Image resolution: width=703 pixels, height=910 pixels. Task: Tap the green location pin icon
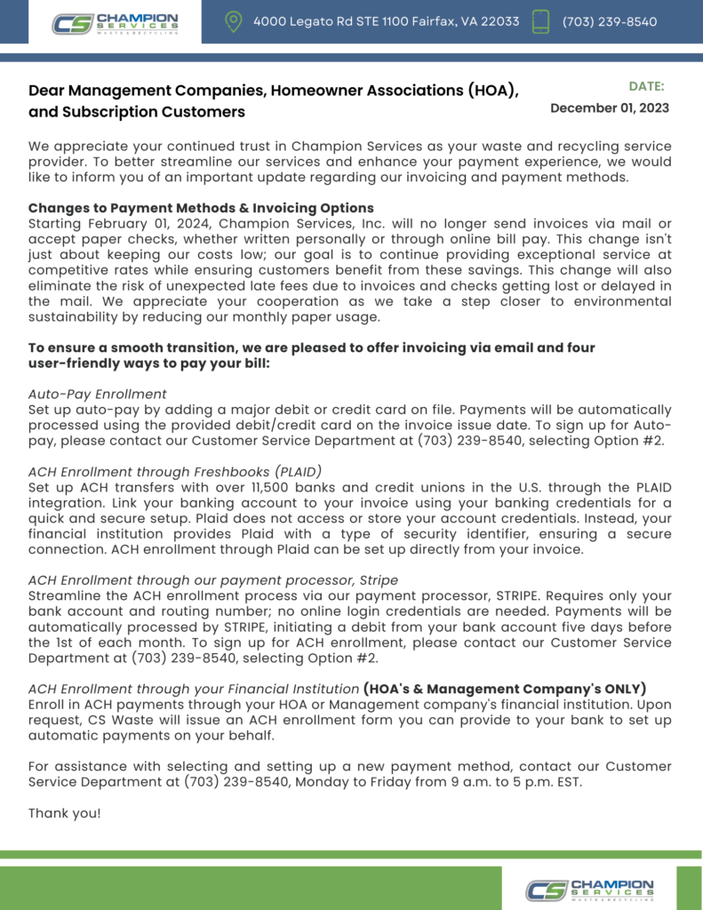click(x=234, y=22)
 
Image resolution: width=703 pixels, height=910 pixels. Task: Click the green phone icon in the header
click(x=540, y=22)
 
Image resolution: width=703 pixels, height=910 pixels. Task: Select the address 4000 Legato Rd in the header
click(x=386, y=21)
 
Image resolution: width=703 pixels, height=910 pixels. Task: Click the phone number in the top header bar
click(x=610, y=21)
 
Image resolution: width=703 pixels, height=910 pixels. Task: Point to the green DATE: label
click(x=646, y=86)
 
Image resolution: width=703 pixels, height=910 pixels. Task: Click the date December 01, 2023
click(x=610, y=108)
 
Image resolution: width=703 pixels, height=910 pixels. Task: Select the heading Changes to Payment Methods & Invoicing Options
click(x=201, y=208)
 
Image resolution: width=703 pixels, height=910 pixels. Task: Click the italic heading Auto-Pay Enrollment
click(x=98, y=394)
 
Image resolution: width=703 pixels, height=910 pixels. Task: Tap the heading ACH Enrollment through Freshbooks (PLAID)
click(x=175, y=471)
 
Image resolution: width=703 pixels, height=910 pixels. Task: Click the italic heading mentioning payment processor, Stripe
click(x=213, y=579)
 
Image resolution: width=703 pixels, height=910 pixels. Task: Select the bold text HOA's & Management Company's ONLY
click(x=505, y=689)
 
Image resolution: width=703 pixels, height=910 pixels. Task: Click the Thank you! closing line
click(x=65, y=813)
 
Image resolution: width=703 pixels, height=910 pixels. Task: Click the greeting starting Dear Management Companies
click(x=273, y=91)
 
